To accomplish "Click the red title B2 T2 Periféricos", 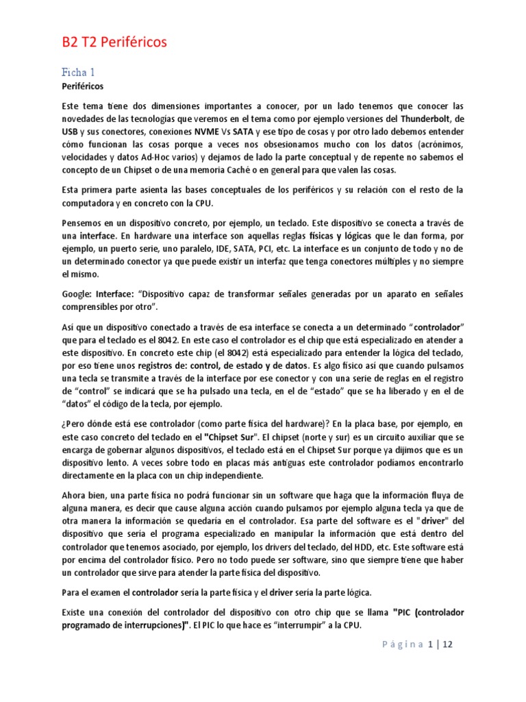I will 114,43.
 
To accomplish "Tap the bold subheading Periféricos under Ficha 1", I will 82,87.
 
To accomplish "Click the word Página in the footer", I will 403,644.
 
